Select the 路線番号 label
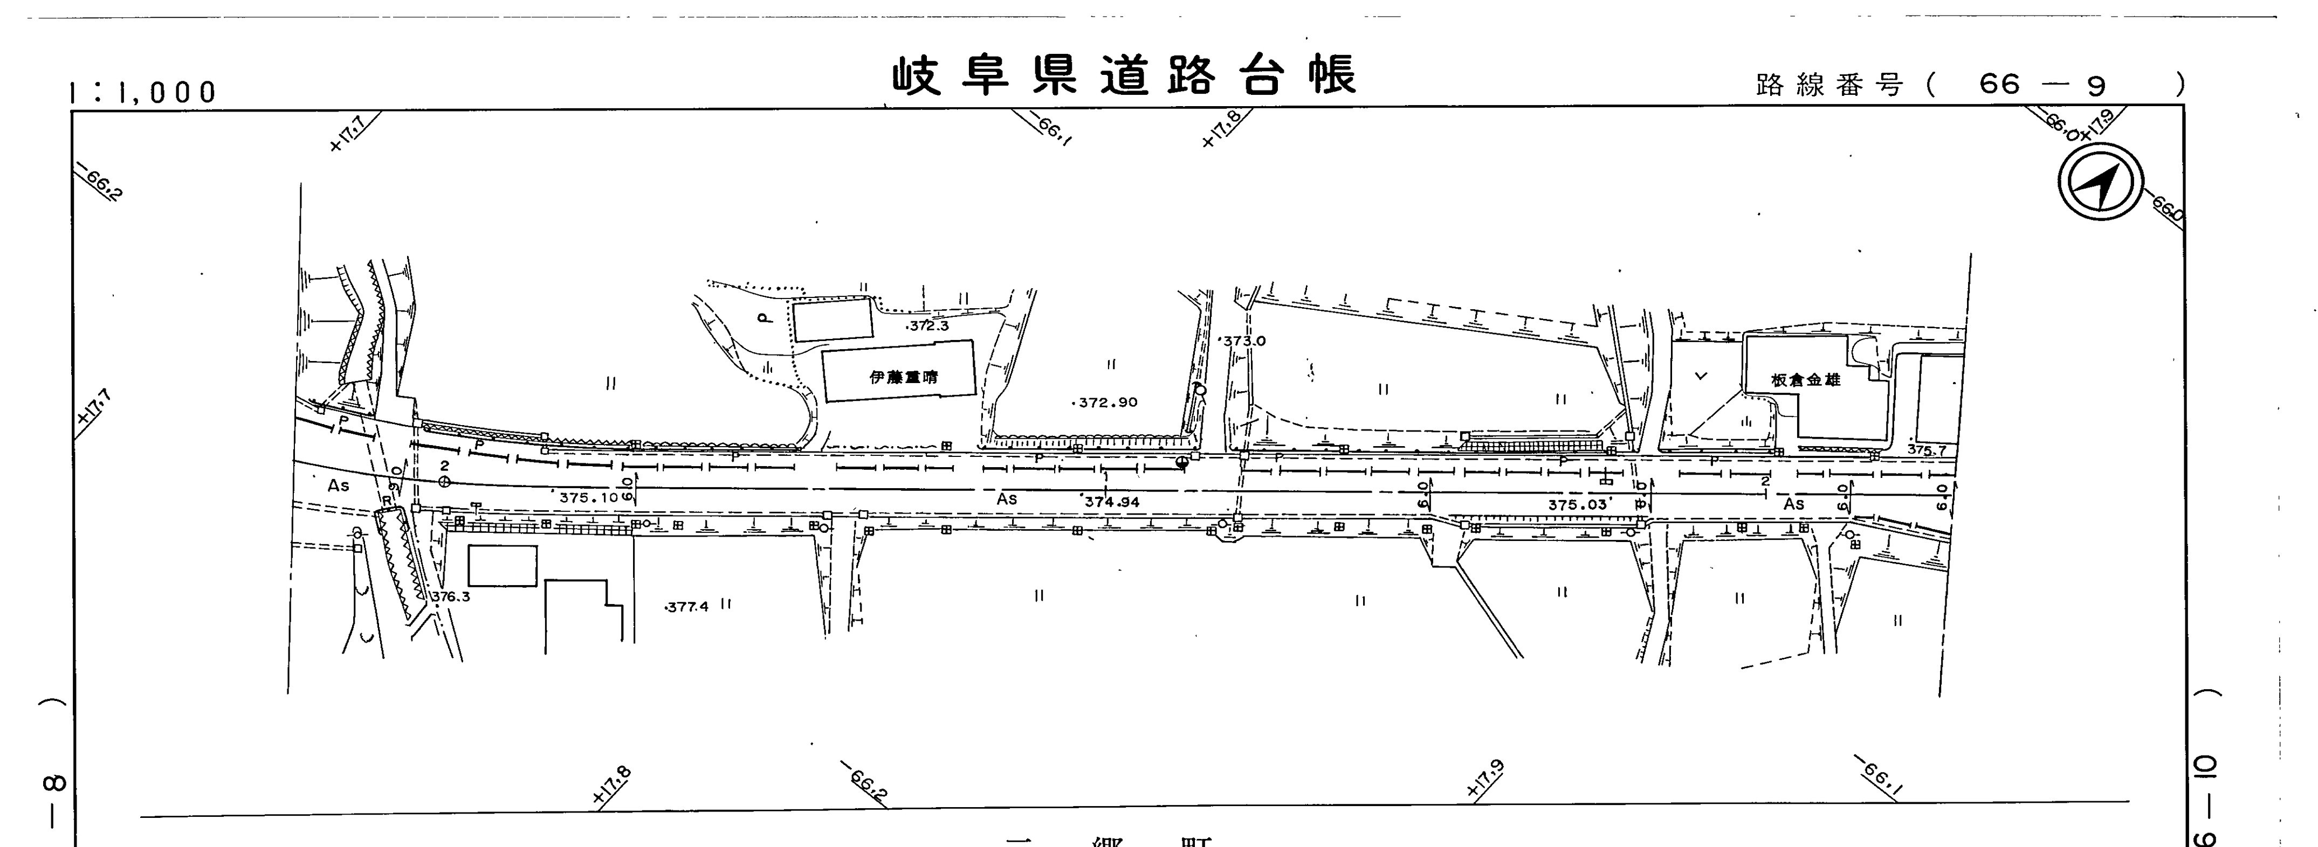[x=1829, y=86]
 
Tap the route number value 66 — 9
[x=2042, y=86]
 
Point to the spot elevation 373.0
[x=1243, y=342]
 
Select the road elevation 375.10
[x=588, y=497]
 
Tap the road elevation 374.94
[x=1111, y=502]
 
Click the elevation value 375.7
[x=1927, y=450]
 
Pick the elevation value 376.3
[x=450, y=596]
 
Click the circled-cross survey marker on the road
[x=444, y=483]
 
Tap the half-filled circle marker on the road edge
[x=1181, y=461]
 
